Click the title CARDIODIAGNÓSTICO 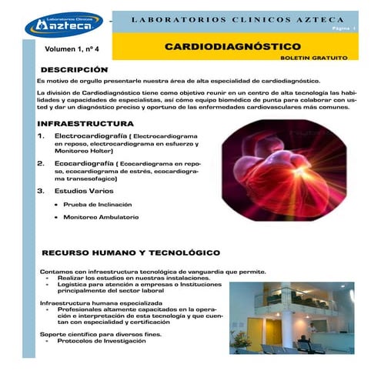pyautogui.click(x=232, y=47)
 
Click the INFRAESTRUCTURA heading pyautogui.click(x=85, y=123)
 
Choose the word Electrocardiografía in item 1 pyautogui.click(x=86, y=135)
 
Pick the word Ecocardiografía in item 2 pyautogui.click(x=82, y=164)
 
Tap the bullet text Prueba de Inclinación pyautogui.click(x=98, y=205)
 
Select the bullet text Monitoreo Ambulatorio pyautogui.click(x=101, y=218)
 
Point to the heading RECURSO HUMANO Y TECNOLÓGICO pyautogui.click(x=131, y=252)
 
